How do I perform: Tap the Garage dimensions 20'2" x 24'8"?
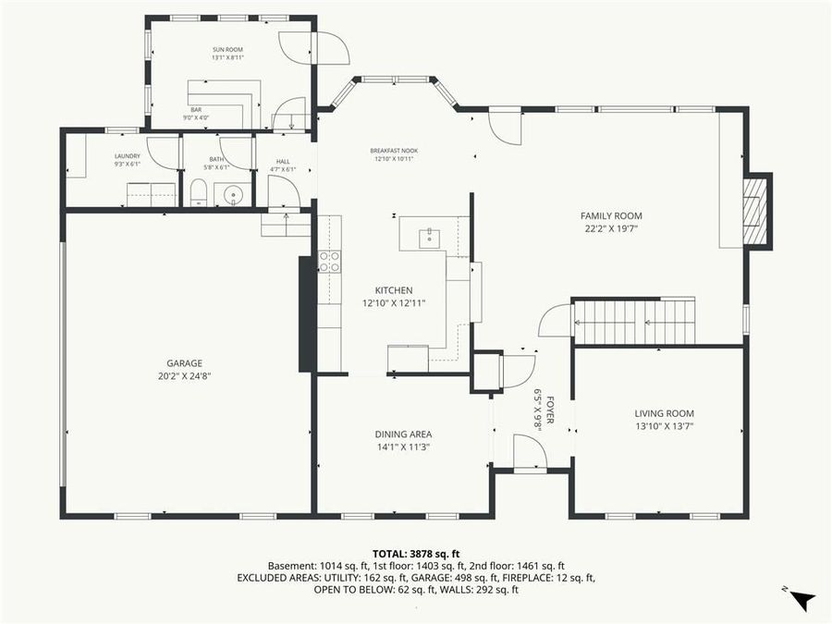(x=184, y=376)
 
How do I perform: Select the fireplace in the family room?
(x=756, y=211)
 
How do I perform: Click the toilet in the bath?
(x=197, y=193)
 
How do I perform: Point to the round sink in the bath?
(x=232, y=194)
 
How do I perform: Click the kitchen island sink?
(x=428, y=238)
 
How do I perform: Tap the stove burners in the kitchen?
(x=329, y=262)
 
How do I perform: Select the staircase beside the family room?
(x=634, y=322)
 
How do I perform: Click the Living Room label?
(x=664, y=413)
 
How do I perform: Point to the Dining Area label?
(x=403, y=434)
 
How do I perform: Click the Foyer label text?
(x=549, y=408)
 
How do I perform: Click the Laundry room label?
(x=127, y=157)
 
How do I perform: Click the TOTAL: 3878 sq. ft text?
(x=416, y=551)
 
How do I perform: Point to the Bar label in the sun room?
(x=196, y=110)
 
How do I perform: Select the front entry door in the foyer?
(x=530, y=453)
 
